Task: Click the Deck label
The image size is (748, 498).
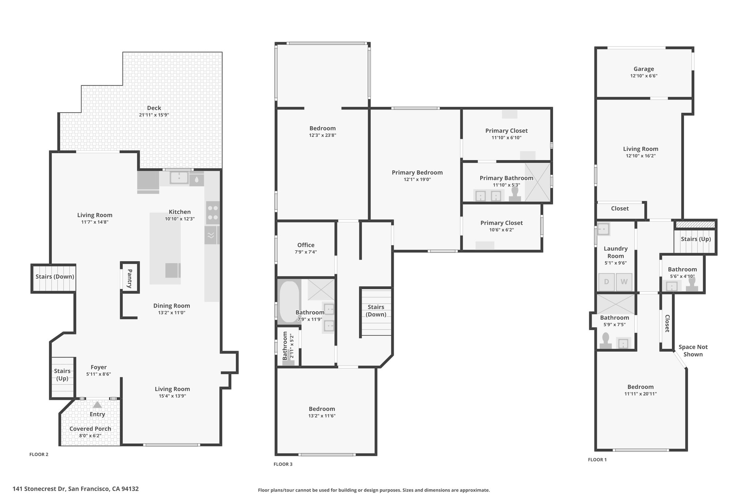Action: [x=154, y=108]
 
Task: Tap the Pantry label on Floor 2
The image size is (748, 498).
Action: [x=130, y=279]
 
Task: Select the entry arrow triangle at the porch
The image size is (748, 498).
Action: [x=97, y=405]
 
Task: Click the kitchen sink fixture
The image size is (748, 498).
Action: [x=179, y=178]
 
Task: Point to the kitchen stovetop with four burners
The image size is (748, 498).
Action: [x=213, y=213]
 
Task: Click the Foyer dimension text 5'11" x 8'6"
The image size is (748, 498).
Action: [x=99, y=374]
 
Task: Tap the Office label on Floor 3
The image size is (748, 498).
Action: [x=306, y=245]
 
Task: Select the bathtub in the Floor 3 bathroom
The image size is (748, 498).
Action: [x=289, y=302]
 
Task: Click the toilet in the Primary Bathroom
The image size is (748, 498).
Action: [x=515, y=194]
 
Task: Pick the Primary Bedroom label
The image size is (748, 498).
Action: [x=417, y=173]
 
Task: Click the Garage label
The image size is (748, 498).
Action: [x=644, y=69]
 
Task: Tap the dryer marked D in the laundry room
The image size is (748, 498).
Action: [x=606, y=282]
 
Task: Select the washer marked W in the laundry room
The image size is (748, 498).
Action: [x=624, y=282]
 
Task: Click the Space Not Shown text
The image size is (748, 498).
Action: [x=693, y=351]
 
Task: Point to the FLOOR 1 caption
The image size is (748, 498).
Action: [x=597, y=460]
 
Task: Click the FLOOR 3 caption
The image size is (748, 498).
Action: [x=283, y=464]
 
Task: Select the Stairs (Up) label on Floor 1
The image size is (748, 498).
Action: [x=696, y=239]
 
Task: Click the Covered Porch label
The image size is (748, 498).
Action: [x=90, y=429]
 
